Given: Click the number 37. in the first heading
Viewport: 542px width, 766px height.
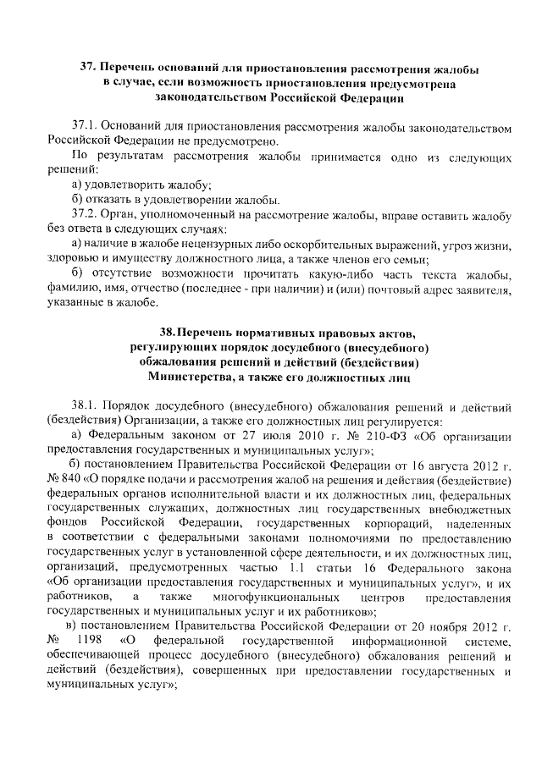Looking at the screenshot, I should (89, 67).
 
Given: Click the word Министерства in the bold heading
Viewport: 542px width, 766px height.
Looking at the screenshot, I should (191, 375).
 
